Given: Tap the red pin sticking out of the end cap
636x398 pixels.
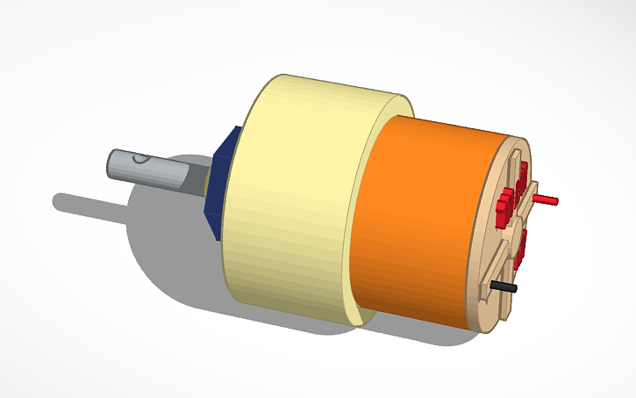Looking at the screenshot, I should [544, 200].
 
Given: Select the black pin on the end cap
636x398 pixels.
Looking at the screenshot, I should [504, 286].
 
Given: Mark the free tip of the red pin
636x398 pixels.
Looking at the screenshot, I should [555, 201].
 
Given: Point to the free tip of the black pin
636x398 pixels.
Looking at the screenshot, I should [515, 287].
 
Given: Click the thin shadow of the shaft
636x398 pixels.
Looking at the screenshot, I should [88, 203].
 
